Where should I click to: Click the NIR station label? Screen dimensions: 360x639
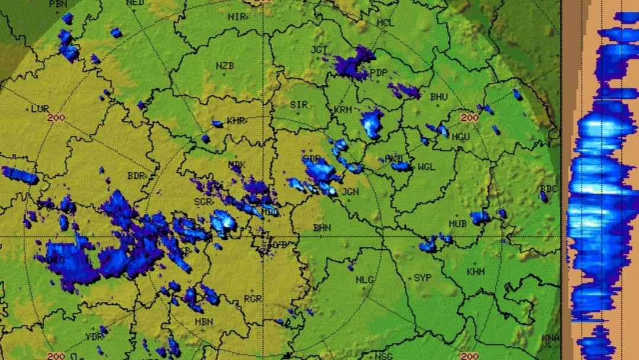(x=235, y=17)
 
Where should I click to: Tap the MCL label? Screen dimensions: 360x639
(x=385, y=23)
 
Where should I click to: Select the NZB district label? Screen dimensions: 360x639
(x=224, y=66)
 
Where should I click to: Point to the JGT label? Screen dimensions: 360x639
(x=319, y=49)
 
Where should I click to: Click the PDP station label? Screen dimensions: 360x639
(x=378, y=73)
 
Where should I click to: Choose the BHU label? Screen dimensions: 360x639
(x=438, y=97)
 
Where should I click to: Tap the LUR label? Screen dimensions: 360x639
(x=40, y=109)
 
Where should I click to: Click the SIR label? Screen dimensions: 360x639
(x=298, y=105)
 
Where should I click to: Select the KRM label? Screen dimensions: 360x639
(x=343, y=110)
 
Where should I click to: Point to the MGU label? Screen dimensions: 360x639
(x=461, y=136)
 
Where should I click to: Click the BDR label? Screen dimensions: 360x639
(x=136, y=176)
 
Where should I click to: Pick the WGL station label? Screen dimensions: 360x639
(x=425, y=167)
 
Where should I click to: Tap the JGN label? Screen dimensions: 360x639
(x=350, y=192)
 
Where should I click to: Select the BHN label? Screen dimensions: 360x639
(x=322, y=227)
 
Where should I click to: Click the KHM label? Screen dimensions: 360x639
(x=476, y=272)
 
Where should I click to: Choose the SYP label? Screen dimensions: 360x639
(x=422, y=278)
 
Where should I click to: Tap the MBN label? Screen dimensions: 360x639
(x=204, y=322)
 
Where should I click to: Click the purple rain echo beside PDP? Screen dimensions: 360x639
(x=353, y=64)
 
